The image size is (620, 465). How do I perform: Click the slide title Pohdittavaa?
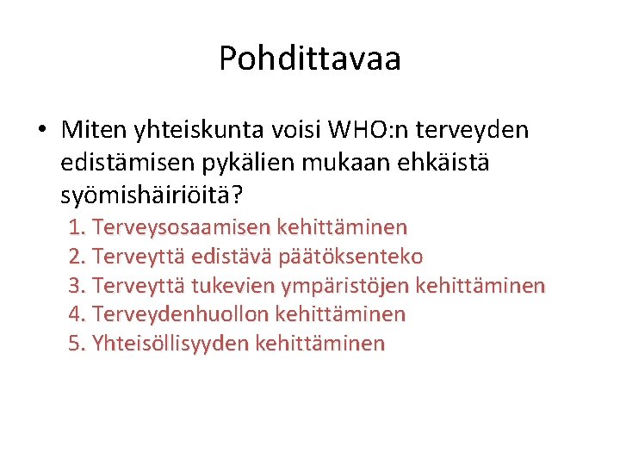tap(310, 59)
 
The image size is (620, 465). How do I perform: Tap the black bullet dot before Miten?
tap(40, 131)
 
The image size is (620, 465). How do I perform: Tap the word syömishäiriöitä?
tap(146, 195)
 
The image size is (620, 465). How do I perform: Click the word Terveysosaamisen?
tap(181, 227)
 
